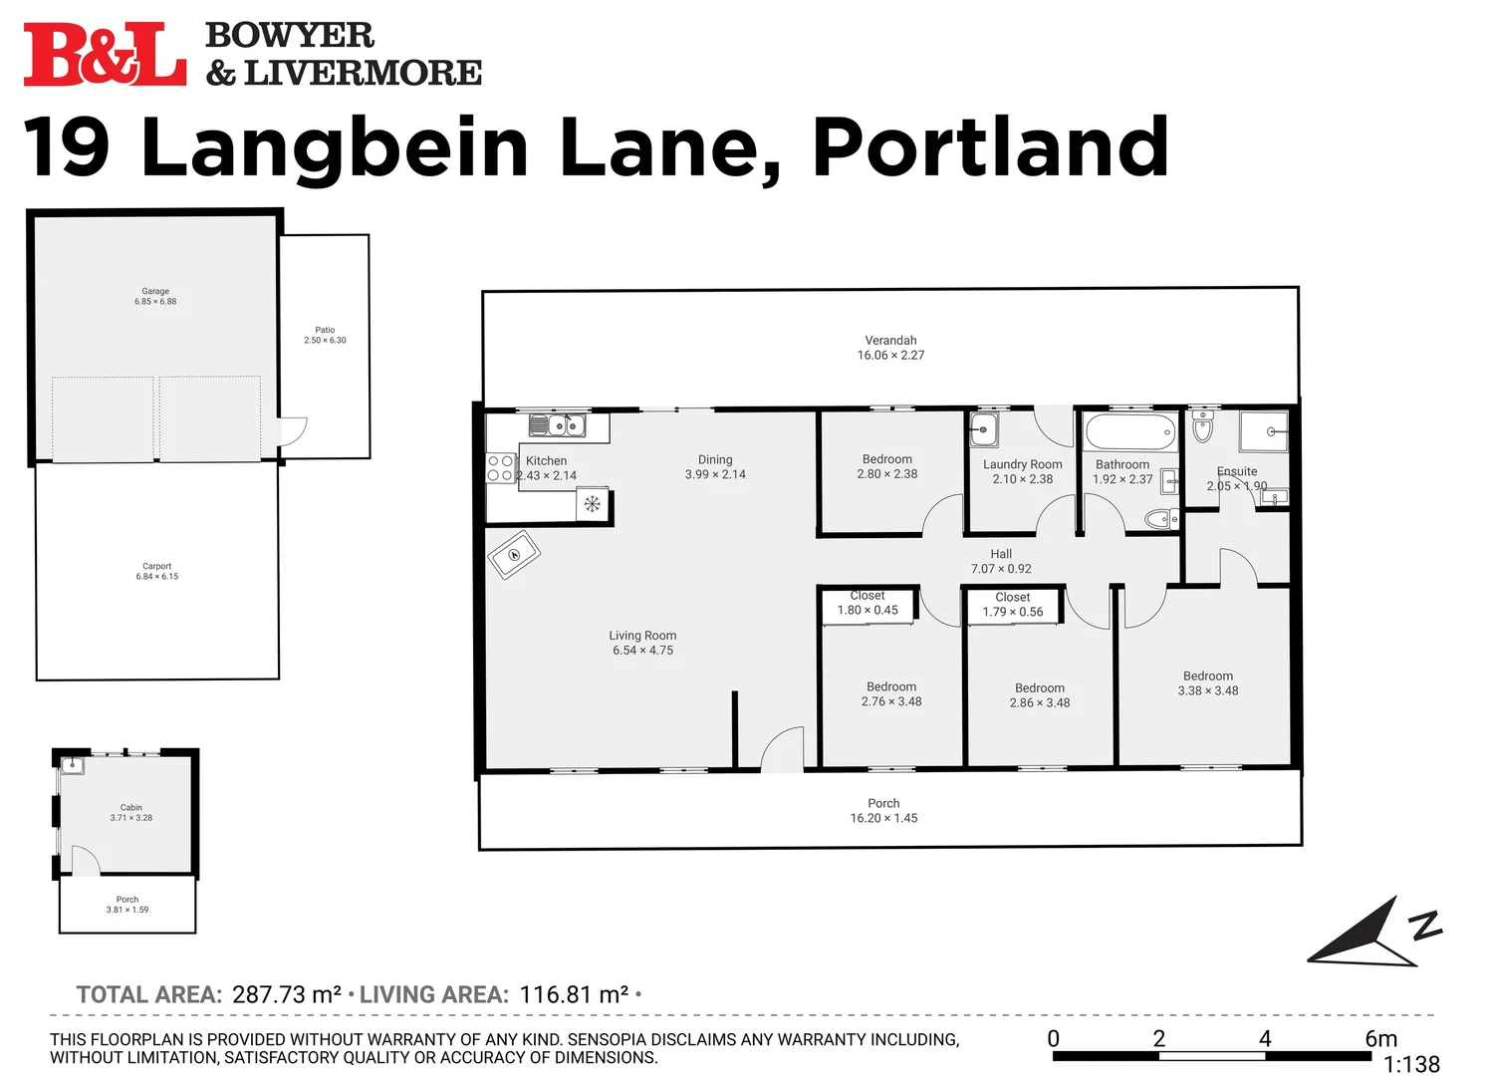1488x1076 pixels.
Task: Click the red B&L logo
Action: pos(105,55)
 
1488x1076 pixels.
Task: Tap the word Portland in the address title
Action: pos(990,147)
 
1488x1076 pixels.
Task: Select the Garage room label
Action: pos(155,291)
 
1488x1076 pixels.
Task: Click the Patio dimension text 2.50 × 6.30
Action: pos(325,341)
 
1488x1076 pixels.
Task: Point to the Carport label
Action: pos(156,566)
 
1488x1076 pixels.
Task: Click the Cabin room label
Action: pos(131,807)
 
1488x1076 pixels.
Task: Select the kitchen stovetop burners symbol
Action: pos(500,468)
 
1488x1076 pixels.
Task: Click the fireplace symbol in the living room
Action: pos(514,554)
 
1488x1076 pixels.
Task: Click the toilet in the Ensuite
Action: pos(1203,428)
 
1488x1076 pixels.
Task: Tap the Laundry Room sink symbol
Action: pos(984,430)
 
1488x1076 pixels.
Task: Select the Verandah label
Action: pos(890,340)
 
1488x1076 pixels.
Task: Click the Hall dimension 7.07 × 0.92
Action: pos(1001,569)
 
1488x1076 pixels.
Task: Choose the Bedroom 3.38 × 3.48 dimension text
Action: pos(1208,690)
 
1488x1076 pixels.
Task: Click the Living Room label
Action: pos(642,636)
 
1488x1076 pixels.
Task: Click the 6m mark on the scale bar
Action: pos(1380,1039)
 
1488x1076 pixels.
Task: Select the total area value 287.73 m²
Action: pos(287,994)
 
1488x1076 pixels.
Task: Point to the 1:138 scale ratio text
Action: pos(1411,1065)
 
